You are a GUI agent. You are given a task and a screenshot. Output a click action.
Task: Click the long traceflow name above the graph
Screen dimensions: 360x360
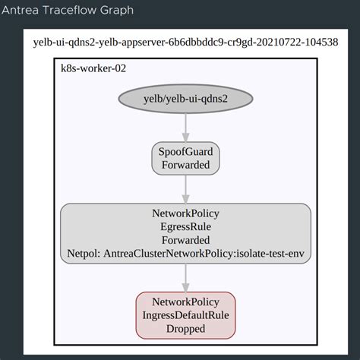pos(185,42)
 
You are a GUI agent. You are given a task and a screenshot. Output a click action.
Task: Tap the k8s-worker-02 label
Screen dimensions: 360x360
pos(93,68)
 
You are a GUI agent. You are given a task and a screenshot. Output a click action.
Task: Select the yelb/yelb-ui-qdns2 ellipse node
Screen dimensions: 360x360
pos(185,99)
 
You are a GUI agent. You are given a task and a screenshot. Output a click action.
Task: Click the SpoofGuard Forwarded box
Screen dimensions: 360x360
pos(185,158)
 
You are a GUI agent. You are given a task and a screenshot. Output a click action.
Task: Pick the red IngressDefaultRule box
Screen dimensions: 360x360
pos(185,314)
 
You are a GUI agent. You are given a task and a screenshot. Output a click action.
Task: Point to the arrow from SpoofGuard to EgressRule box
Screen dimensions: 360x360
pos(185,188)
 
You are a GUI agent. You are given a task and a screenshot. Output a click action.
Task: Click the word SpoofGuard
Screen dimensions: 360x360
pos(185,152)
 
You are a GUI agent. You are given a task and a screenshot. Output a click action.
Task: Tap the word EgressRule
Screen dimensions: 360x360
pos(185,226)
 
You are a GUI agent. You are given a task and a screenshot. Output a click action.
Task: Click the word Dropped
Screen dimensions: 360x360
pos(185,328)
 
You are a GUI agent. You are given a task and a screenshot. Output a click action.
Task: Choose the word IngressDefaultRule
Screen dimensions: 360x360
pos(185,314)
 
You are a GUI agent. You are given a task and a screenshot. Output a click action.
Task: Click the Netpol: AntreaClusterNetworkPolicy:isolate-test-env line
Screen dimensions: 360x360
pos(185,253)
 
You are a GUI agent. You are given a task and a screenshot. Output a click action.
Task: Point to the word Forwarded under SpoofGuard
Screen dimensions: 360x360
pos(185,165)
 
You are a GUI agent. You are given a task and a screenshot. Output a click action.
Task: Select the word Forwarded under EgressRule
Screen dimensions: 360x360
pos(185,239)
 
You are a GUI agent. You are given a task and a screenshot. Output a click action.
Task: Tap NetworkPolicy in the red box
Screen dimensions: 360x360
pos(185,302)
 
